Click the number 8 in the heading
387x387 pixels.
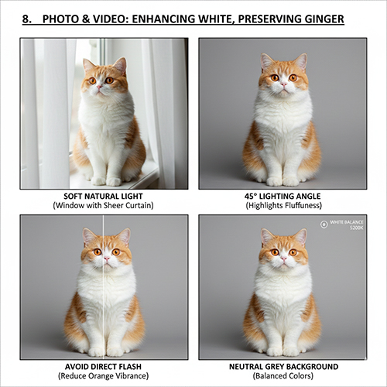[26, 19]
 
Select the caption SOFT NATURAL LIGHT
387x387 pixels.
[103, 197]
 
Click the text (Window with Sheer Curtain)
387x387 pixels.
[103, 206]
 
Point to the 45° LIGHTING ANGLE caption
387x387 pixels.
[283, 197]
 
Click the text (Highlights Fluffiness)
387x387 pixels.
[283, 206]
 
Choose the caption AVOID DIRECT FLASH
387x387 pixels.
[103, 367]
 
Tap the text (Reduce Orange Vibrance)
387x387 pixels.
[103, 376]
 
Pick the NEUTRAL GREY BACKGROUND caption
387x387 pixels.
[283, 367]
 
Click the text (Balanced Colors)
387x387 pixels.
[283, 376]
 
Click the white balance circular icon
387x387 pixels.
[324, 224]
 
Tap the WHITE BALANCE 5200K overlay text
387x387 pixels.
[347, 225]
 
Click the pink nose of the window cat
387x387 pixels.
[99, 87]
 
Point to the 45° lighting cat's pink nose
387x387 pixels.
[284, 84]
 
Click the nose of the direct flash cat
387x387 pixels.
[106, 259]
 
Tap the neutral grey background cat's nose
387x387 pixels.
[283, 259]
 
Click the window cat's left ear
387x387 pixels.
[87, 64]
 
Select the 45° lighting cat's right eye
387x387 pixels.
[293, 77]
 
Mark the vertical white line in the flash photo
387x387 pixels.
[103, 287]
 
